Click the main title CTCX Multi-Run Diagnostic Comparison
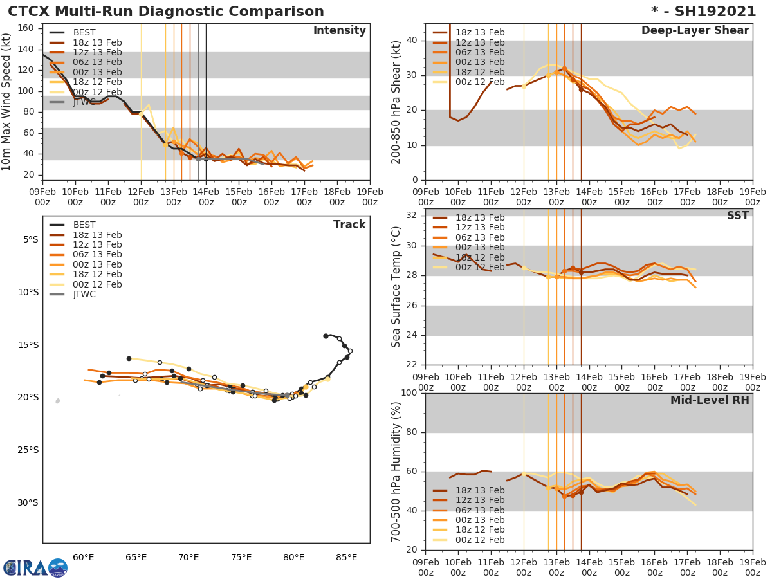(x=166, y=12)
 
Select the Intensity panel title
(x=339, y=31)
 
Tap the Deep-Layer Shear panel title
(x=695, y=31)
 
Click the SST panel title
(x=737, y=216)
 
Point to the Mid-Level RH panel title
(x=710, y=400)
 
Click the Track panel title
(x=349, y=225)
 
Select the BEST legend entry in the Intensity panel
(x=84, y=33)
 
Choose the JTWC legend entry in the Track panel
(x=84, y=295)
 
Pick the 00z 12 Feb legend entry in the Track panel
(x=97, y=284)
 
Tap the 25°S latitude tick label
(x=27, y=450)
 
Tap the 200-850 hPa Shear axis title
(x=396, y=102)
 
